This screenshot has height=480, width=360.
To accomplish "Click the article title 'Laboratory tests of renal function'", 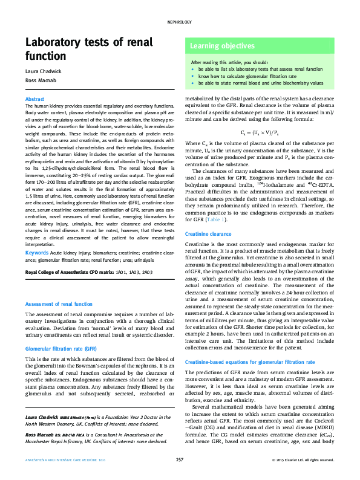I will (80, 48).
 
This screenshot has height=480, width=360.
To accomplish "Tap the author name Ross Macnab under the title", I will (40, 81).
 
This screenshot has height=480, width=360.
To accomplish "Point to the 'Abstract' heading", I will (34, 99).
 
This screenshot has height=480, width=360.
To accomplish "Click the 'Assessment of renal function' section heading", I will (59, 304).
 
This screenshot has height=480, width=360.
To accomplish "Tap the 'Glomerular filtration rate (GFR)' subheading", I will (61, 349).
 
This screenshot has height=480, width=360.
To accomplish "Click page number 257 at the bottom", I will (180, 461).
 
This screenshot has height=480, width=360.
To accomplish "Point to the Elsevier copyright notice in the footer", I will (303, 461).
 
